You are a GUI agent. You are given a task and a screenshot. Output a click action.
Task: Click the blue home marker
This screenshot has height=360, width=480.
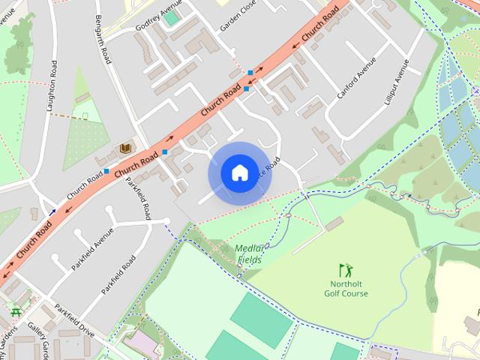[x=239, y=173]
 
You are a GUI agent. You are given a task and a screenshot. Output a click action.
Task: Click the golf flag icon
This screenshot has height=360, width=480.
[x=345, y=269]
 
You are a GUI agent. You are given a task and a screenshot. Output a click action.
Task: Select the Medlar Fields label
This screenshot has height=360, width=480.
[x=250, y=254]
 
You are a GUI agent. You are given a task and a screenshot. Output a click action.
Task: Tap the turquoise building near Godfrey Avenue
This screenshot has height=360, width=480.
[x=171, y=16]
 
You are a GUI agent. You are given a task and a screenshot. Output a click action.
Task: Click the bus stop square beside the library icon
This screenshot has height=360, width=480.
[x=106, y=171]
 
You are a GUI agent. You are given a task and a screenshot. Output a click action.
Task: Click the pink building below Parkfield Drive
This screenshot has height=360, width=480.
[x=140, y=343]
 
